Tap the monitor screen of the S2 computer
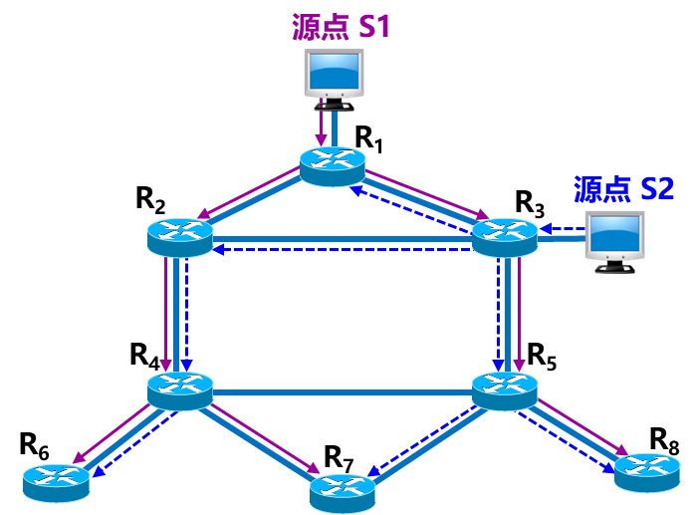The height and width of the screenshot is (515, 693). (x=613, y=234)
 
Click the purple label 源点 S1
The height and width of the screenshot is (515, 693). (x=341, y=26)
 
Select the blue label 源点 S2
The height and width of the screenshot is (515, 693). (x=623, y=188)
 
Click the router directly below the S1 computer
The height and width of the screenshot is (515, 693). (x=333, y=164)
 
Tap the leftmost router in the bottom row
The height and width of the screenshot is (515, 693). (x=57, y=481)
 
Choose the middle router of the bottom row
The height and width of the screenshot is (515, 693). (x=343, y=492)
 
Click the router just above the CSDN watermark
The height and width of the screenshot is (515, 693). (x=647, y=471)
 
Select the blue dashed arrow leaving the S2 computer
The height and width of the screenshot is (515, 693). (x=561, y=229)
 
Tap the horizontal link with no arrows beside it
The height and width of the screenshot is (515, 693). (x=343, y=392)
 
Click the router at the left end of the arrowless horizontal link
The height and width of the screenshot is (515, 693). (x=180, y=389)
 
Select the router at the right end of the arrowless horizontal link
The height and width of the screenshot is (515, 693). (x=504, y=389)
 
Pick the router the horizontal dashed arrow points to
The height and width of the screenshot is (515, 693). (x=180, y=237)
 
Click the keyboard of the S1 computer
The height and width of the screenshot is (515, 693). (x=334, y=103)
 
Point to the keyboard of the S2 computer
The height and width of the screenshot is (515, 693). (x=614, y=266)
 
